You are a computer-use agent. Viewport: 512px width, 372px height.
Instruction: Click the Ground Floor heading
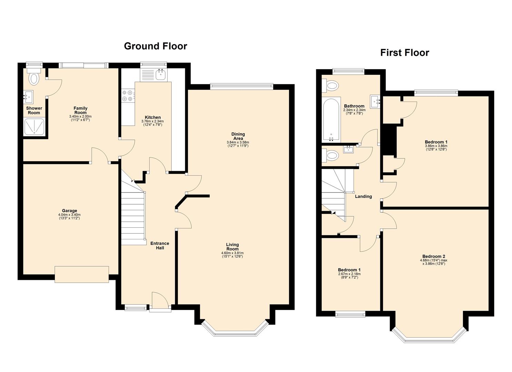point(155,46)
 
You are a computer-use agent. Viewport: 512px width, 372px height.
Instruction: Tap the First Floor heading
point(404,53)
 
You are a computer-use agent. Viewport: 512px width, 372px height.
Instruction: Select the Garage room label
point(69,211)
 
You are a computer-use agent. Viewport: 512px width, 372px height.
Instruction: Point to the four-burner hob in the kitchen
point(128,95)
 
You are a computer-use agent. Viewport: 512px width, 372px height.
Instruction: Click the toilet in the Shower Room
point(34,79)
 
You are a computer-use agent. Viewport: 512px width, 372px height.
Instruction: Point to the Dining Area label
point(238,136)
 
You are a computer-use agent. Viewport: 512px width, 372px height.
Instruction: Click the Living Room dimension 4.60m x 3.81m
point(232,253)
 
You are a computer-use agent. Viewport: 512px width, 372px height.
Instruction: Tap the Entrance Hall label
point(160,246)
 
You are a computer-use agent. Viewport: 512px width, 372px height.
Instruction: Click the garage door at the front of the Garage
point(82,274)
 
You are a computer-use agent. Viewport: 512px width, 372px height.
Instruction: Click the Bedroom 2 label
point(433,256)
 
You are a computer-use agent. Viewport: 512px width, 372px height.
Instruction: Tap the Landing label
point(363,196)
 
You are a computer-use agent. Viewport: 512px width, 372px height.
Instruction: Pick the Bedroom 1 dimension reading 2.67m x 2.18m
point(349,274)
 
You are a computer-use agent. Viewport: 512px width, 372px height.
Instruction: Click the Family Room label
point(80,110)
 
